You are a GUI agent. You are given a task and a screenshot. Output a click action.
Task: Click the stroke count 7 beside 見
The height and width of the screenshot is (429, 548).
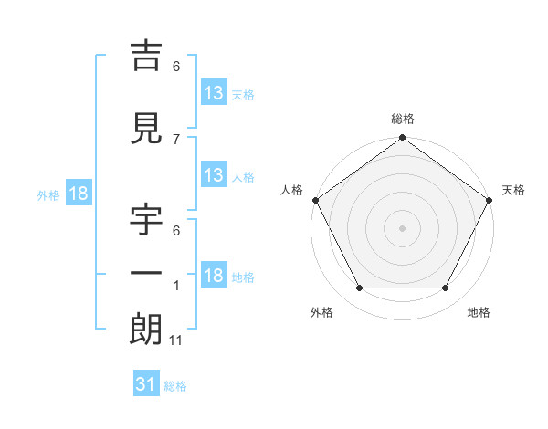pyautogui.click(x=176, y=139)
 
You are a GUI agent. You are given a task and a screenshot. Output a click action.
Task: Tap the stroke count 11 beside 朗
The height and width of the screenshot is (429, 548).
pyautogui.click(x=176, y=340)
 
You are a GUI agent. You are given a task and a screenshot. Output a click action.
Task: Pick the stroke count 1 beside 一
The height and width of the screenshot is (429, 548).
pyautogui.click(x=176, y=285)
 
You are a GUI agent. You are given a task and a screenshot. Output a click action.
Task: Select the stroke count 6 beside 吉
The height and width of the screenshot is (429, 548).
pyautogui.click(x=176, y=66)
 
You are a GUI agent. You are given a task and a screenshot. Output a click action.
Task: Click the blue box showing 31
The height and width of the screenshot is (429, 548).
pyautogui.click(x=145, y=385)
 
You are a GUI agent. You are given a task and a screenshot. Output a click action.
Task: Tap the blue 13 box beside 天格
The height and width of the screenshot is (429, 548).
pyautogui.click(x=213, y=93)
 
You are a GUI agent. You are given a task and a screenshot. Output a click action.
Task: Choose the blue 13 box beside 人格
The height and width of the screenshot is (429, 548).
pyautogui.click(x=213, y=175)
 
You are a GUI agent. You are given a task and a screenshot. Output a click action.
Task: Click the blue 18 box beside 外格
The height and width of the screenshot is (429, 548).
pyautogui.click(x=78, y=194)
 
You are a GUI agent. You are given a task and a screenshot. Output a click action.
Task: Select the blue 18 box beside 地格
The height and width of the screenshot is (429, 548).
pyautogui.click(x=213, y=276)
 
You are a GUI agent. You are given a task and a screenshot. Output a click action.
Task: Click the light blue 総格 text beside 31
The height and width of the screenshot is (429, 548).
pyautogui.click(x=175, y=386)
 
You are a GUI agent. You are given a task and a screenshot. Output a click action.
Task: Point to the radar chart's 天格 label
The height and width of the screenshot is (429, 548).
pyautogui.click(x=513, y=190)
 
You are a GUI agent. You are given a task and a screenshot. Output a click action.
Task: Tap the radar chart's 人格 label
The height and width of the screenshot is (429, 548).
pyautogui.click(x=291, y=190)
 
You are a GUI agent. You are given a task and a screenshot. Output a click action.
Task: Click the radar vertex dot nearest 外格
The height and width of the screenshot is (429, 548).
pyautogui.click(x=359, y=288)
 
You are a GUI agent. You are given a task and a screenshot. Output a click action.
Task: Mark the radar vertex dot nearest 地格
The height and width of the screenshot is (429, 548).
pyautogui.click(x=446, y=288)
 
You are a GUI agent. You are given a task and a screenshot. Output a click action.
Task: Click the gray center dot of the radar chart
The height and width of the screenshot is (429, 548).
pyautogui.click(x=402, y=228)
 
